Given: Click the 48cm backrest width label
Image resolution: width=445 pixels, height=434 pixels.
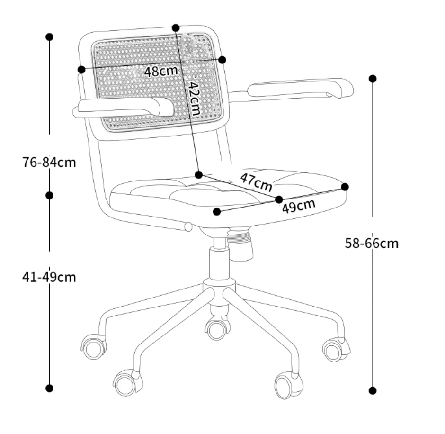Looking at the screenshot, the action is point(161,71).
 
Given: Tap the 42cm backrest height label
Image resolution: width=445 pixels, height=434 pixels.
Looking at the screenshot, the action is point(195,98).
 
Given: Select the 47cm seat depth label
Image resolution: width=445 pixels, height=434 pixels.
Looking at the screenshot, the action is point(256,182).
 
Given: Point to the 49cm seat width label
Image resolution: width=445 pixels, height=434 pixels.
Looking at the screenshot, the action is point(299,206).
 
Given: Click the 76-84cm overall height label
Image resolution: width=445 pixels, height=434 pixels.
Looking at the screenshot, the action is point(49,163).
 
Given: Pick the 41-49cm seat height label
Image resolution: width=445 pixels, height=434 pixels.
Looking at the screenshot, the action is point(49,277).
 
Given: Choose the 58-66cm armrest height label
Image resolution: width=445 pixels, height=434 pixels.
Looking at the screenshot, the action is point(372,244).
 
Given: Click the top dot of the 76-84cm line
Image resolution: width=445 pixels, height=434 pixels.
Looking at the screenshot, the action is point(50,37).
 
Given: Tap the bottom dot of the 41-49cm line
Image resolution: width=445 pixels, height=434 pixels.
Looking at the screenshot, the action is point(50,388).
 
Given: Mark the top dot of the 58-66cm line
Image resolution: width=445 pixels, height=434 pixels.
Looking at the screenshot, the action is point(373,79).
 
